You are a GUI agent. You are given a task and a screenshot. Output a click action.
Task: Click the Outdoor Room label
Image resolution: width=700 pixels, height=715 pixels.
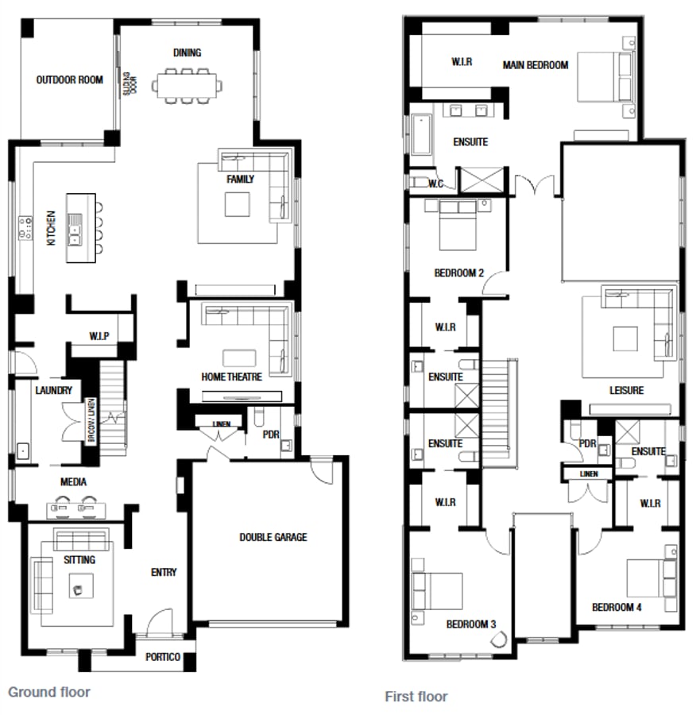point(69,79)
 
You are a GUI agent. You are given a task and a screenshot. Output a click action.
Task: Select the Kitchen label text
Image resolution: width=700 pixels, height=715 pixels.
point(51,227)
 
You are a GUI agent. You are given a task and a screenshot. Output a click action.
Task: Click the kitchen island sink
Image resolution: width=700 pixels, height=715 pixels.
point(75,234)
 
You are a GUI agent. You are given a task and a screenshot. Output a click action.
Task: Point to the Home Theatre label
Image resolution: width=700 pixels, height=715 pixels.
point(231,377)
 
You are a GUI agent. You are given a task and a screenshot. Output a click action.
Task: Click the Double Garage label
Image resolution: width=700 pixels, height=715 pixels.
point(273,537)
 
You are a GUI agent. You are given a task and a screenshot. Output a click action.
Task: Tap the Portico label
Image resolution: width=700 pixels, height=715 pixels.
point(163,657)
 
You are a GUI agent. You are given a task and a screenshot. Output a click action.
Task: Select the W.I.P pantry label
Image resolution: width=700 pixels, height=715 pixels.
point(99,336)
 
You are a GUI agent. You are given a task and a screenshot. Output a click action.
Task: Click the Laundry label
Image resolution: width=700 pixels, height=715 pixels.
point(54,390)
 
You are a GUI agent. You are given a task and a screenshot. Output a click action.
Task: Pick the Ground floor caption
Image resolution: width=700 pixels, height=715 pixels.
point(49,692)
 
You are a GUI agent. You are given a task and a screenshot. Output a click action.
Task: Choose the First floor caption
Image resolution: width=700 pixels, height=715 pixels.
point(416,697)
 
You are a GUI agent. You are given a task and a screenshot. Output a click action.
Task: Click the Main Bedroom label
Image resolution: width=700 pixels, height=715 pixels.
point(536,65)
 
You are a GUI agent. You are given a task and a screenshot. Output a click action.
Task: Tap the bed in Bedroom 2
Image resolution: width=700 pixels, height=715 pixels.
point(456,224)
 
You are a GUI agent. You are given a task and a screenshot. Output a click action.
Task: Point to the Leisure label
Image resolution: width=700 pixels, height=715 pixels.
point(626,390)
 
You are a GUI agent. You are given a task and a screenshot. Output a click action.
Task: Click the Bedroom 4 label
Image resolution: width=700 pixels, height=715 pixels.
point(617,607)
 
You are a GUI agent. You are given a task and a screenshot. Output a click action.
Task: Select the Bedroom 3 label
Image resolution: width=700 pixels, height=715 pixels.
point(470,624)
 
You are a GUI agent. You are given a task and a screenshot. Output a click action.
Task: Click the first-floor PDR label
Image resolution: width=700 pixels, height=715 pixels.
point(587,444)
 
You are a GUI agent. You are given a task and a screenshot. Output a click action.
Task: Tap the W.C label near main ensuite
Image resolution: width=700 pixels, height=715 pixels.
point(435,184)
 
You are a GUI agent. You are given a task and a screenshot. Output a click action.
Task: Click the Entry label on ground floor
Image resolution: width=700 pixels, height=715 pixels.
point(164,572)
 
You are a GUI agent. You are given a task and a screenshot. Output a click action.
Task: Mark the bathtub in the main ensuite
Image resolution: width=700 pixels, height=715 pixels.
point(420,137)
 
